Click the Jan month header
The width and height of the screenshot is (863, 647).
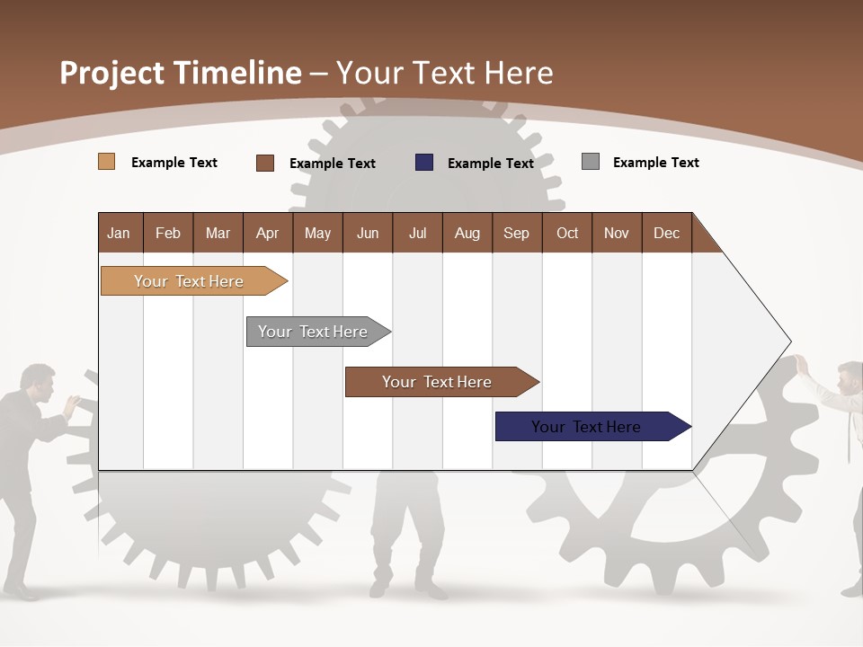pos(119,233)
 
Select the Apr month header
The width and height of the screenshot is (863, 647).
pos(267,233)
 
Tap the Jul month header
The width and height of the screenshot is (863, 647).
pos(417,233)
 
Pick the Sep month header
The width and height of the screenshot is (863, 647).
pos(516,233)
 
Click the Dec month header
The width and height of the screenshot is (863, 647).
pos(666,233)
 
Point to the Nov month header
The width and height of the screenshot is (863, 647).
pos(616,233)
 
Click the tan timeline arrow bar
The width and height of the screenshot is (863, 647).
pos(189,281)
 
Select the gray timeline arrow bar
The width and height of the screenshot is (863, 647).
pos(313,332)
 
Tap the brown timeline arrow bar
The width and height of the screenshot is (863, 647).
pos(436,382)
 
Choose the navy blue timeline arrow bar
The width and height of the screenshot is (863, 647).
pos(586,427)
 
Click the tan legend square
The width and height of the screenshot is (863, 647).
pos(106,162)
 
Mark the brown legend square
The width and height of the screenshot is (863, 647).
pos(264,163)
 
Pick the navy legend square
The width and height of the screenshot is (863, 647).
pos(423,163)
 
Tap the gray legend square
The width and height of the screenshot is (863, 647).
pos(590,162)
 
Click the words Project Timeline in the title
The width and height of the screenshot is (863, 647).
pos(180,73)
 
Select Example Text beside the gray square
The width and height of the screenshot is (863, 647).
pos(655,163)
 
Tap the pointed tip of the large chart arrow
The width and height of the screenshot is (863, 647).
pos(789,341)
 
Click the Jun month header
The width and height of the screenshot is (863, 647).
pos(367,233)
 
